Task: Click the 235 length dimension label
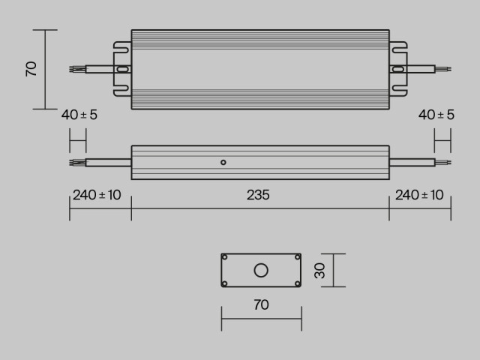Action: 258,195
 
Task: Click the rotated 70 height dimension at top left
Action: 31,69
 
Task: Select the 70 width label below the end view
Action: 261,305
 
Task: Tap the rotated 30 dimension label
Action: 320,270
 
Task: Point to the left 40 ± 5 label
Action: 79,115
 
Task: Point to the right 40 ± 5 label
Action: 436,115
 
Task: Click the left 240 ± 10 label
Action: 97,195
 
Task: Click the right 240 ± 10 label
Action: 419,195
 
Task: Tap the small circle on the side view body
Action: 223,161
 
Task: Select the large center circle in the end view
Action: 261,270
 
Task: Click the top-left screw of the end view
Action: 224,257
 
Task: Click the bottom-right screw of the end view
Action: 298,283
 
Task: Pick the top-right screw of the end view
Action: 298,257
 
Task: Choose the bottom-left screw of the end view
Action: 224,283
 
